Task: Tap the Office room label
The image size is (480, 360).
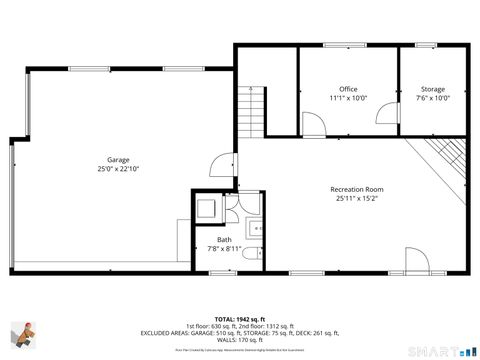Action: (x=348, y=89)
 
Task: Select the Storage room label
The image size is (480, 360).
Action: (x=432, y=89)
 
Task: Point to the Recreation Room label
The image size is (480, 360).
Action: (x=357, y=189)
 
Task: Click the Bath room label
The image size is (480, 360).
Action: (x=224, y=240)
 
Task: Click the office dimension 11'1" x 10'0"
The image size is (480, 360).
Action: (x=348, y=98)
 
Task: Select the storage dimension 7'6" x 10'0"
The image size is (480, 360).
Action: (x=432, y=98)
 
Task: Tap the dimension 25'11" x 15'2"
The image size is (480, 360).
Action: (x=357, y=198)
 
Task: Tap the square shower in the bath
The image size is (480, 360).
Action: (x=207, y=207)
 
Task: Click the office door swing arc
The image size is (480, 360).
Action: (x=313, y=126)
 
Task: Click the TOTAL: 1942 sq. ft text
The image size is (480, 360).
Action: (x=240, y=318)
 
